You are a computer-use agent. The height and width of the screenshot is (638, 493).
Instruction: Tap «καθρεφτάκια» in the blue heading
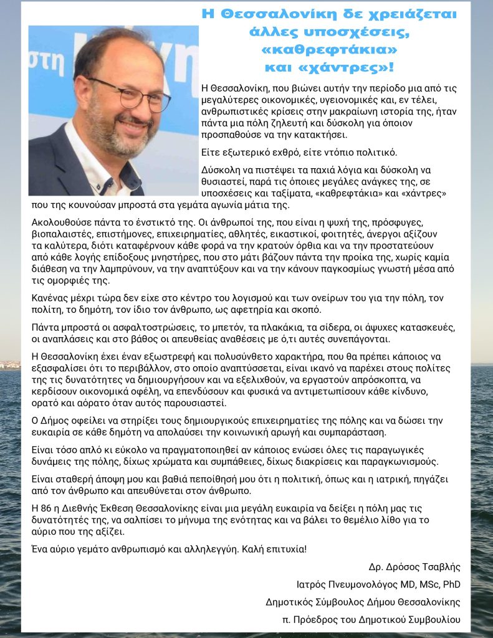coord(332,49)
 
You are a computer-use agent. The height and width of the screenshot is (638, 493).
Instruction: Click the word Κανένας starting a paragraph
coord(50,298)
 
